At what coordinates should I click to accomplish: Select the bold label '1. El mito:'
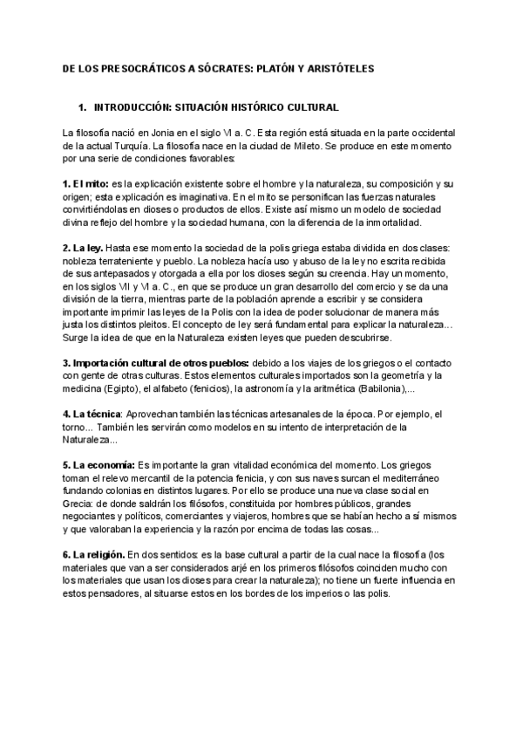(x=86, y=185)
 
